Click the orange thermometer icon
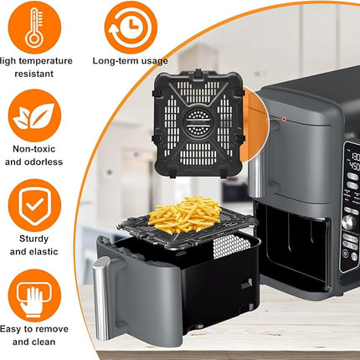[33, 25]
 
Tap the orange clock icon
[130, 25]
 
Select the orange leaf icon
[33, 117]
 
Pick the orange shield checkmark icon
[33, 210]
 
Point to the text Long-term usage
[130, 60]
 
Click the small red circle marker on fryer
[283, 119]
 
